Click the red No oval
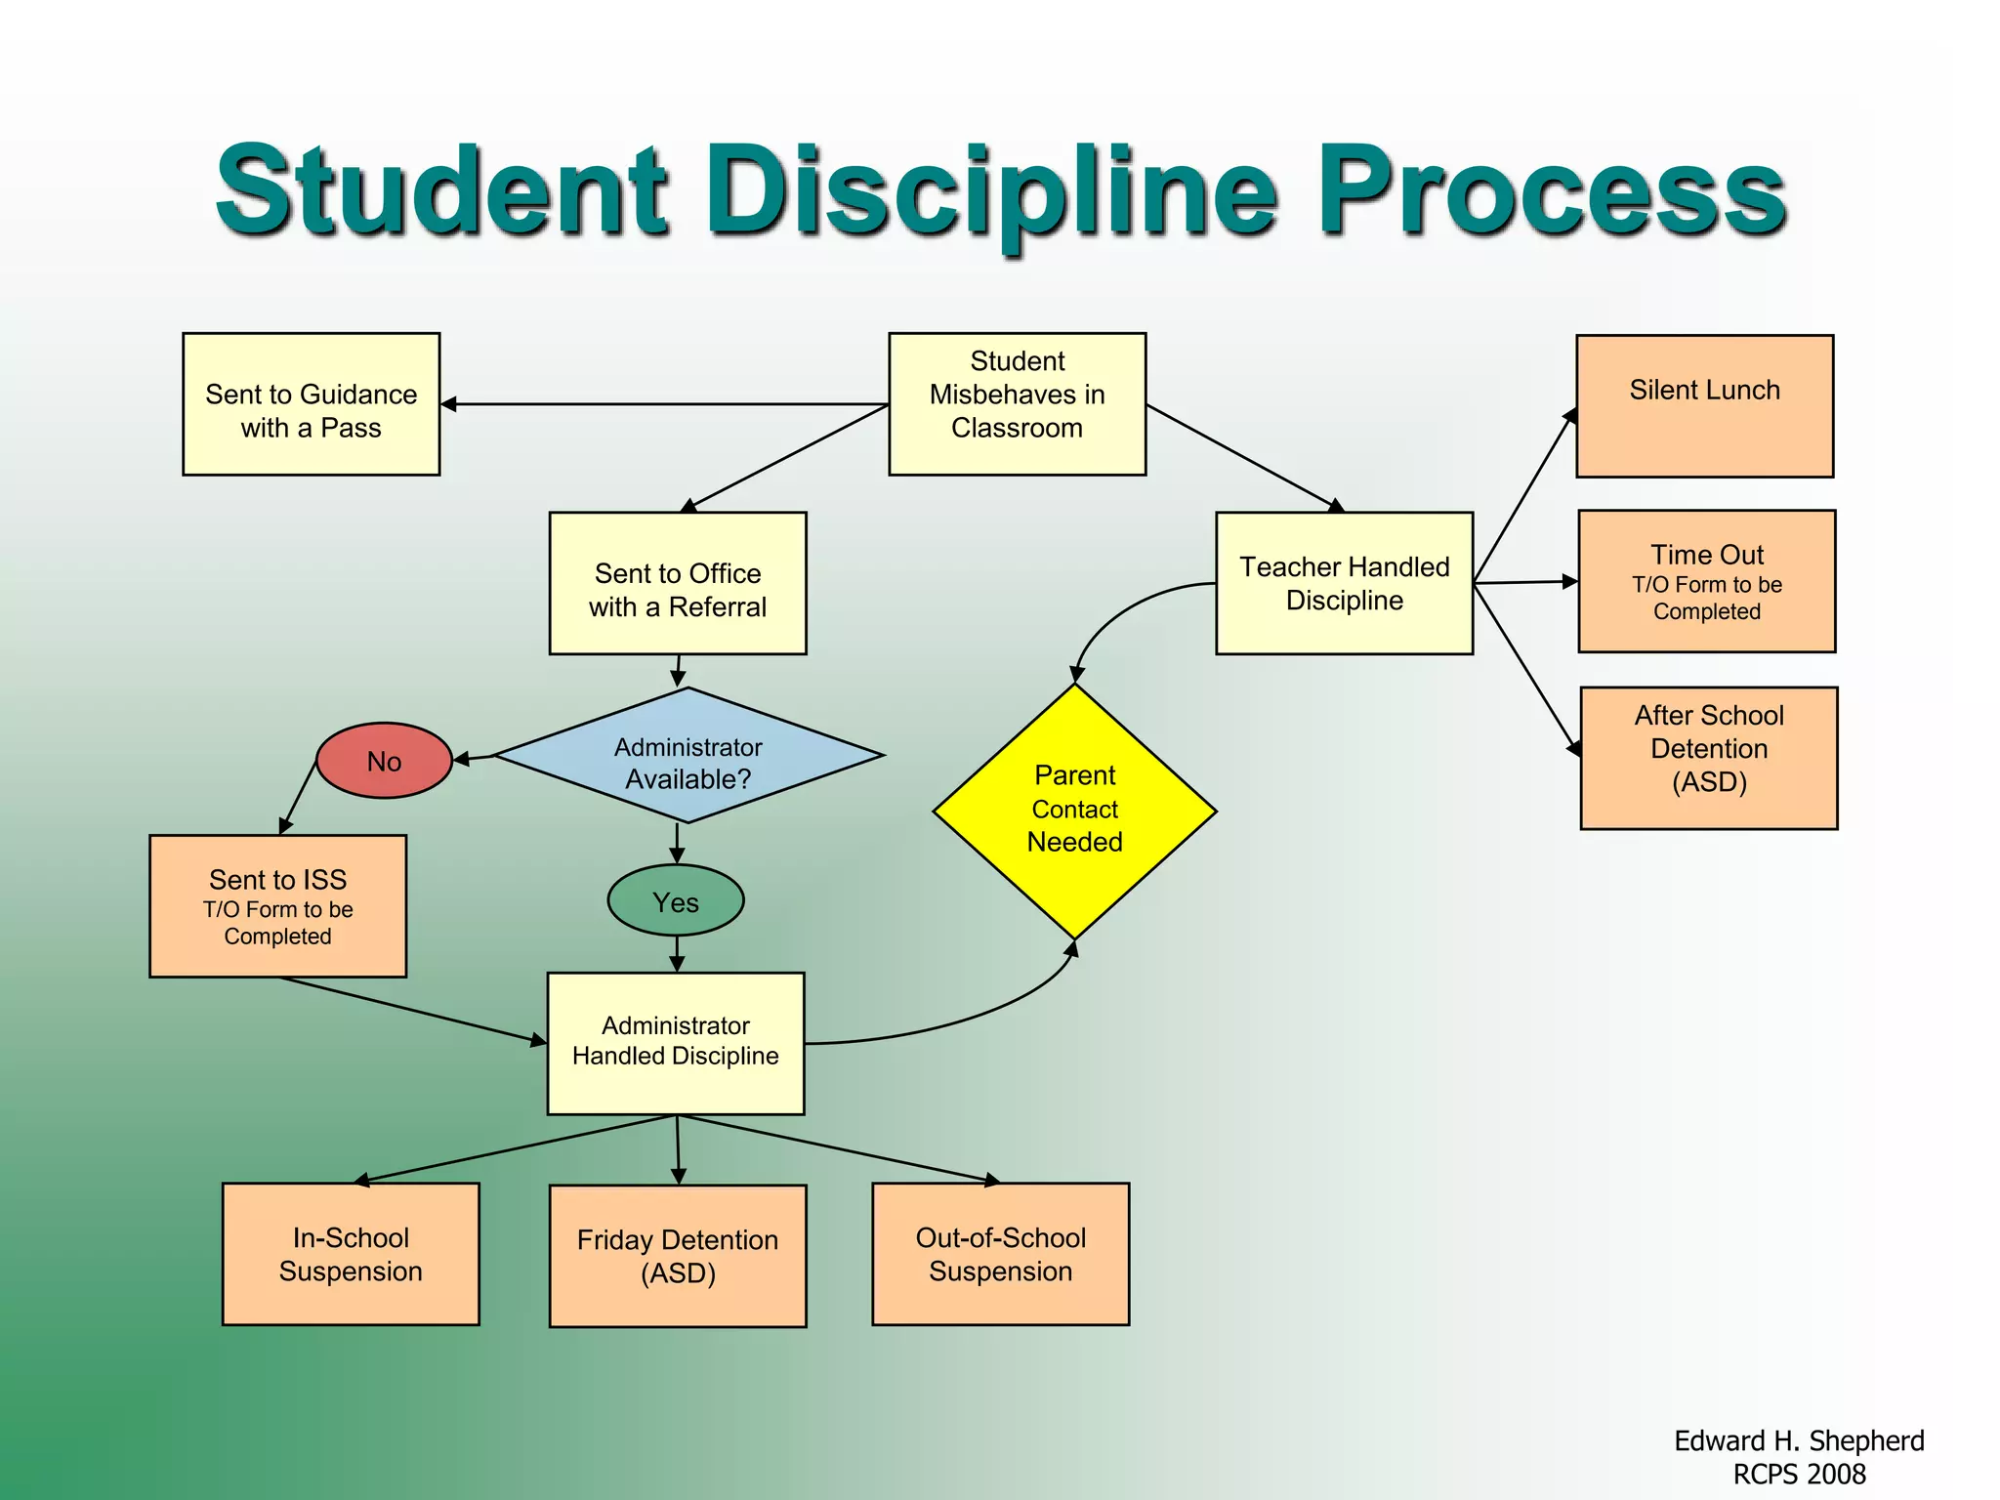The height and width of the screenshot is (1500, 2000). (x=384, y=761)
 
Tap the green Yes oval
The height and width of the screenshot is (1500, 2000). (x=676, y=901)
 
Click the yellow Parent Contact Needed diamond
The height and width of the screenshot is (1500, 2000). (x=1074, y=811)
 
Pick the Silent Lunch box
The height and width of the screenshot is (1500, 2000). (x=1704, y=406)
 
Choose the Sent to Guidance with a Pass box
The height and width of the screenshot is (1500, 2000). (x=311, y=404)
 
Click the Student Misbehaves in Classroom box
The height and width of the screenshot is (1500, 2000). (x=1017, y=404)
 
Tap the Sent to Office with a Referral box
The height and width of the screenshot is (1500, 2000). (x=678, y=583)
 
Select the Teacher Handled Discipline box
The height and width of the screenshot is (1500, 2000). (x=1344, y=583)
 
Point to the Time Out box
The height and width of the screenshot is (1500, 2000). (x=1706, y=581)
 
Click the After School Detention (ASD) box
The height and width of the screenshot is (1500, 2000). (x=1709, y=758)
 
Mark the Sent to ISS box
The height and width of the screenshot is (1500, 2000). (x=277, y=906)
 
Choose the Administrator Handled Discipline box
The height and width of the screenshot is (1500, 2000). (x=676, y=1043)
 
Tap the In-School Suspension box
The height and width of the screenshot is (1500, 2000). (x=351, y=1254)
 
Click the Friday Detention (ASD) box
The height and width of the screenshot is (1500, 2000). (x=678, y=1256)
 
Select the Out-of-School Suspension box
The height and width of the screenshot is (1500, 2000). (x=1000, y=1254)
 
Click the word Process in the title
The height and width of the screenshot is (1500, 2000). (x=1553, y=190)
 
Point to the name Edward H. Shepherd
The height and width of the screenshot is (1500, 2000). (x=1799, y=1440)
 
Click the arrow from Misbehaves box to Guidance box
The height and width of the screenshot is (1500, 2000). (x=664, y=403)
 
